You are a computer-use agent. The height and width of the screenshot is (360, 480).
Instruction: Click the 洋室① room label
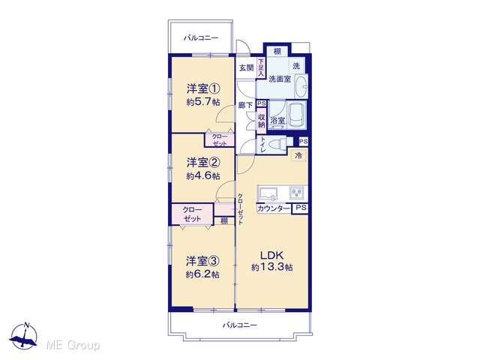click(203, 89)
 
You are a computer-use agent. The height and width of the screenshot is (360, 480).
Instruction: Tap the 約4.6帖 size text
click(203, 176)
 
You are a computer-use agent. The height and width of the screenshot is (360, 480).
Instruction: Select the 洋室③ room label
click(203, 261)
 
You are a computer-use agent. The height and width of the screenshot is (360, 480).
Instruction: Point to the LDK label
click(271, 255)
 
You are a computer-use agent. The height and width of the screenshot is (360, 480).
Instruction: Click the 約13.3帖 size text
click(271, 268)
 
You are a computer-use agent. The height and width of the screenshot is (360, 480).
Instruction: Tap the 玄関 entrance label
click(247, 67)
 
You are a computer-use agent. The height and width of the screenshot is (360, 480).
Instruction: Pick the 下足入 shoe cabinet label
click(261, 67)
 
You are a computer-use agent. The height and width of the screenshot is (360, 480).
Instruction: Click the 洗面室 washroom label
click(280, 79)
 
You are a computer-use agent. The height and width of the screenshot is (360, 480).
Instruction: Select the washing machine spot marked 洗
click(296, 65)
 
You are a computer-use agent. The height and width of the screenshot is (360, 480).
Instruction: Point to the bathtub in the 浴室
click(297, 115)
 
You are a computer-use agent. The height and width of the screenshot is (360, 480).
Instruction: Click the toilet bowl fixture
click(276, 143)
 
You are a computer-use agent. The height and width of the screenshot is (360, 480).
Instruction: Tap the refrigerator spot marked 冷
click(298, 155)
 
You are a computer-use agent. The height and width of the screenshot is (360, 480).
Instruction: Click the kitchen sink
click(268, 193)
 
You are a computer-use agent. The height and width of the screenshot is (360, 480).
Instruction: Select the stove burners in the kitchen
click(297, 193)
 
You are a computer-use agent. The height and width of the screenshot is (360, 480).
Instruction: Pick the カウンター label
click(273, 208)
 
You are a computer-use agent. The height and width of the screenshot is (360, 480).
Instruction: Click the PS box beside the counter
click(301, 208)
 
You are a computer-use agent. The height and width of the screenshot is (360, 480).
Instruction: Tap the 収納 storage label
click(262, 121)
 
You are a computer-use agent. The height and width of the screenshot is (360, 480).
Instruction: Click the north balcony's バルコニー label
click(201, 38)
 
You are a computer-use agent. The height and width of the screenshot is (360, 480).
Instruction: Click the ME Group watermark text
click(73, 345)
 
